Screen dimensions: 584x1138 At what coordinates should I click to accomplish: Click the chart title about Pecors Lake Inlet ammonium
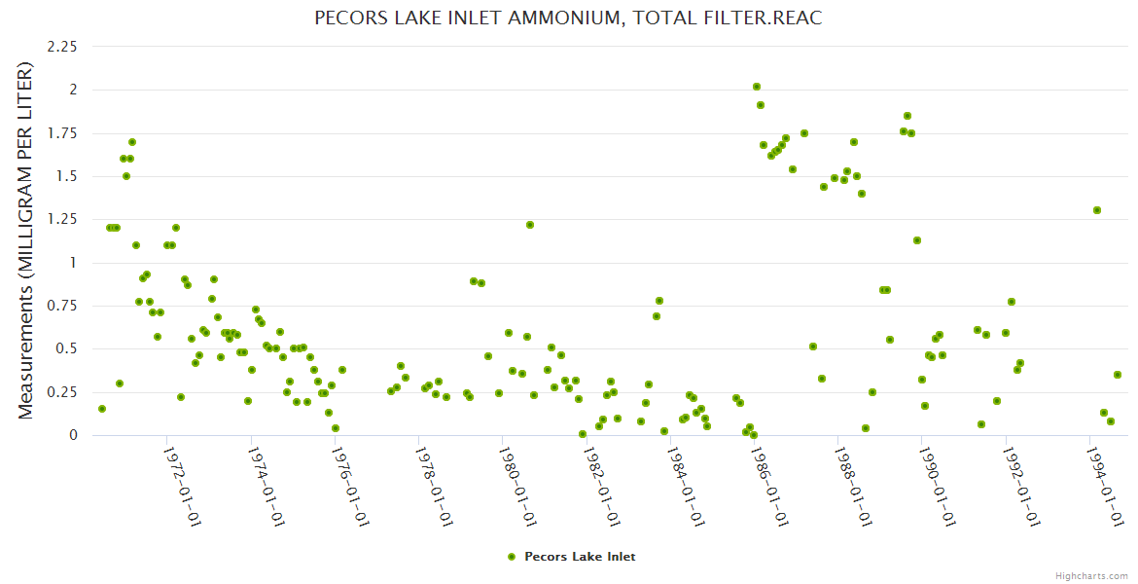tap(569, 18)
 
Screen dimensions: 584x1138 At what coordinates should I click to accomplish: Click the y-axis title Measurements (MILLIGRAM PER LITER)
tap(26, 240)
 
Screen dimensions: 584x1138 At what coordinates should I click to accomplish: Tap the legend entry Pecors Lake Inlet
tap(580, 557)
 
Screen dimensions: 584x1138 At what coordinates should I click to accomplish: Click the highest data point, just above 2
tap(757, 88)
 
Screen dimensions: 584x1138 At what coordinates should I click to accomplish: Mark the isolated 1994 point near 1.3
tap(1097, 210)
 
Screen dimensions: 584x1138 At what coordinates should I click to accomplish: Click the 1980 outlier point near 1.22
tap(530, 225)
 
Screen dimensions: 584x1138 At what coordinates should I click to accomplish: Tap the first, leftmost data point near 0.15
tap(102, 409)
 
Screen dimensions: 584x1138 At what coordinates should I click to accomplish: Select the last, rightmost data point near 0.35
tap(1118, 375)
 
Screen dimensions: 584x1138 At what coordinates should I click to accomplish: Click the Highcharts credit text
tap(1091, 575)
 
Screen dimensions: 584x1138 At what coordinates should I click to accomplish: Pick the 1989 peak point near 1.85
tap(907, 116)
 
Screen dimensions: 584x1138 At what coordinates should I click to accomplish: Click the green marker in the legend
tap(512, 557)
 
